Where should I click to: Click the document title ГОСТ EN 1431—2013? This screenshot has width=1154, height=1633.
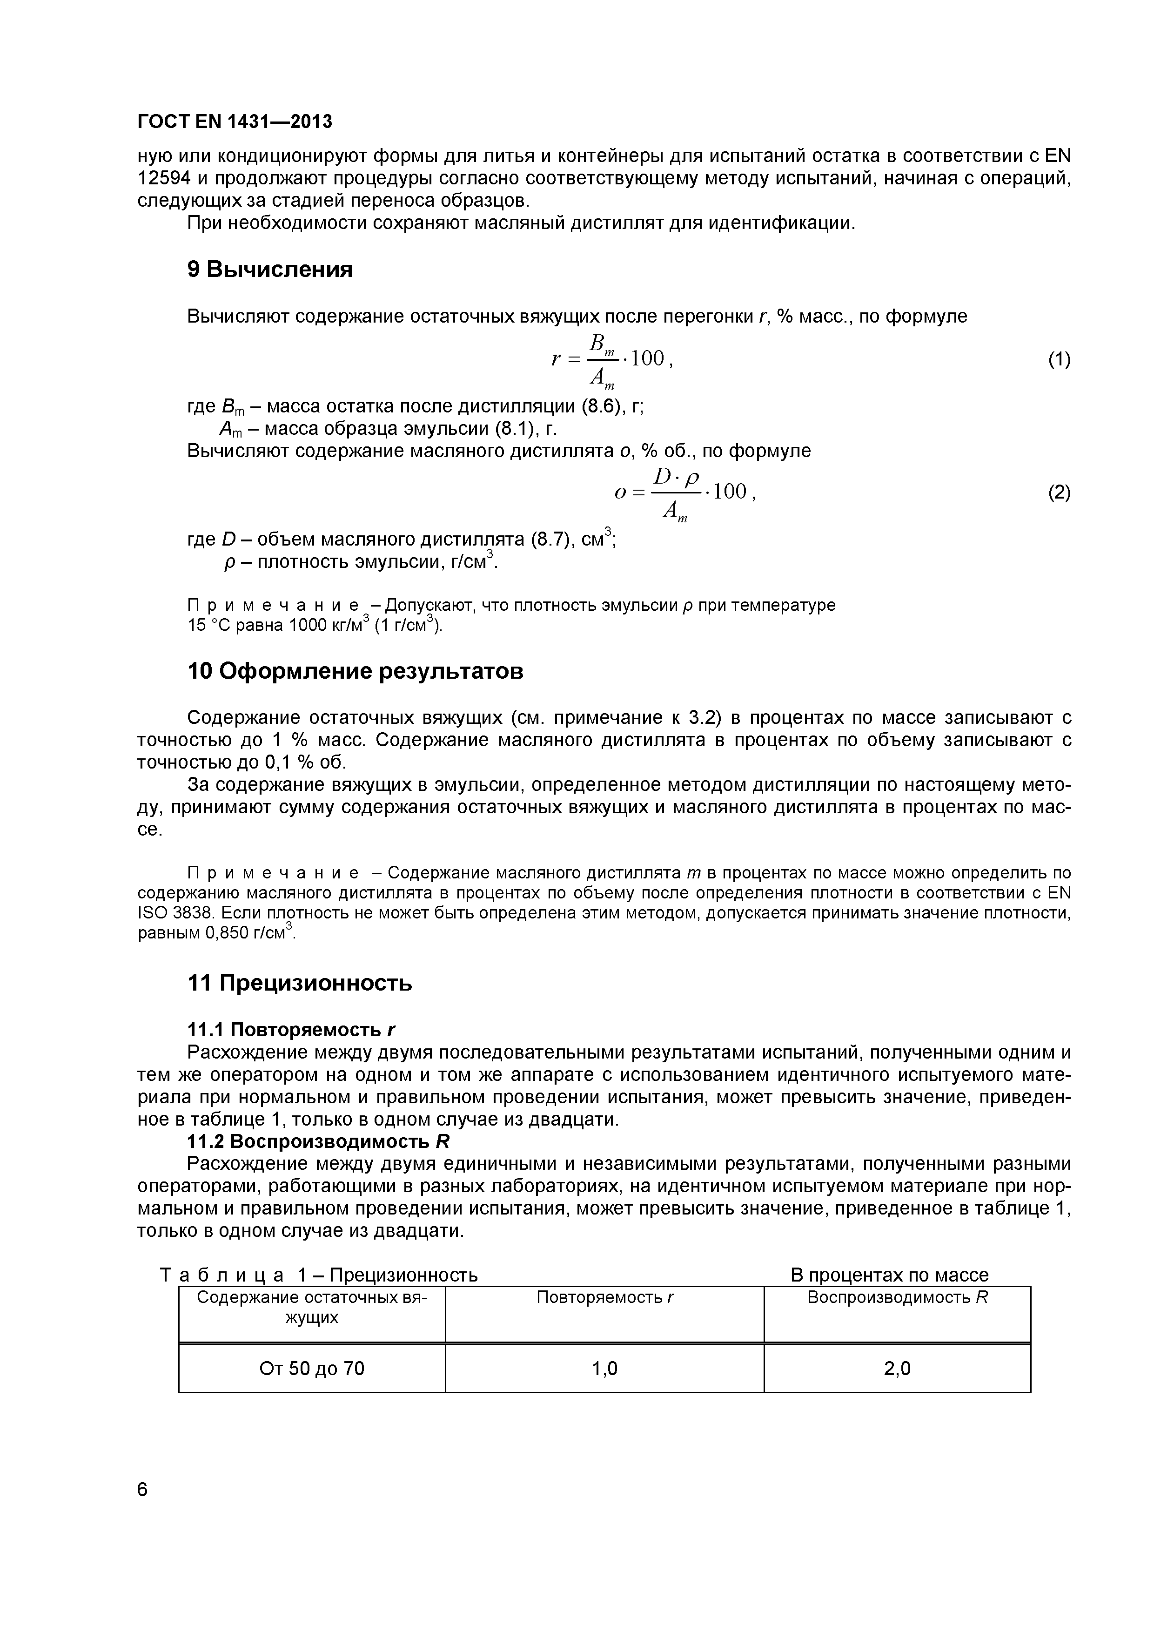pyautogui.click(x=235, y=121)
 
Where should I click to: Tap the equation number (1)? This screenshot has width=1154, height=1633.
pyautogui.click(x=1059, y=360)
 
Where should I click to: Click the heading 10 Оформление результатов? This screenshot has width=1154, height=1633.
pyautogui.click(x=355, y=671)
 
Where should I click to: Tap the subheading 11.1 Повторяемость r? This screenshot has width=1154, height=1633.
pyautogui.click(x=291, y=1029)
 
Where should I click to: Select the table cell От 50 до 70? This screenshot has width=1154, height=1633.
pyautogui.click(x=311, y=1368)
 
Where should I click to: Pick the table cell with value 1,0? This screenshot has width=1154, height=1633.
pyautogui.click(x=604, y=1368)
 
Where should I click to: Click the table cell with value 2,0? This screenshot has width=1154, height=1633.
pyautogui.click(x=897, y=1368)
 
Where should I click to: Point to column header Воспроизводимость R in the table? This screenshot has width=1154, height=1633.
pyautogui.click(x=897, y=1297)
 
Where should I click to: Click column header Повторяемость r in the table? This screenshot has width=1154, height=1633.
pyautogui.click(x=604, y=1297)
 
